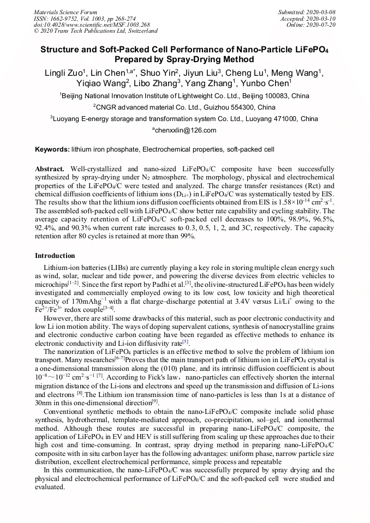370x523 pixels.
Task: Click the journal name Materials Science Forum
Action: [x=65, y=12]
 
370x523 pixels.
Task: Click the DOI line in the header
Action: [x=92, y=25]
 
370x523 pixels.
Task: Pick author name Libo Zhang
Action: [x=156, y=83]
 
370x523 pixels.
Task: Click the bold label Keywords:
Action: [x=52, y=149]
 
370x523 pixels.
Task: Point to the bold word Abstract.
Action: [x=50, y=170]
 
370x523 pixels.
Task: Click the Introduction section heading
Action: [x=55, y=256]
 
